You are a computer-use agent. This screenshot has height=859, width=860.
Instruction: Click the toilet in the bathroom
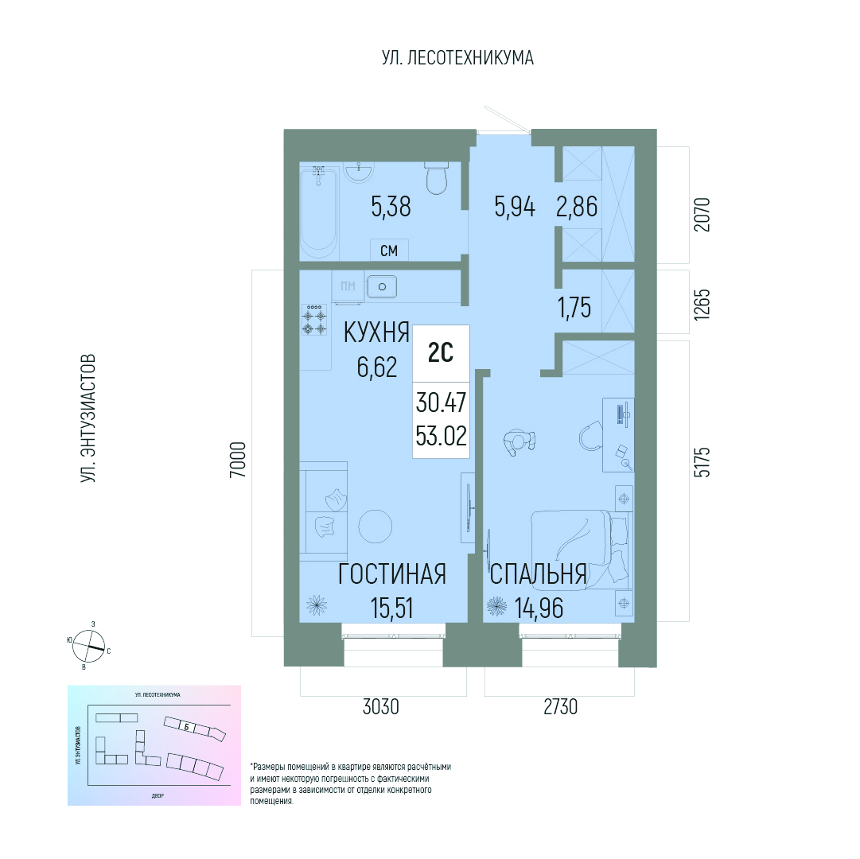point(437,178)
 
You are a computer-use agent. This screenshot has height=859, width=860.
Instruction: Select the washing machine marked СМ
point(389,250)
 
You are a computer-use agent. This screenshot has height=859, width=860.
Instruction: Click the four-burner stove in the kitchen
point(314,320)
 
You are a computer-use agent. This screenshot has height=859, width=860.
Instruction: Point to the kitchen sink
point(383,286)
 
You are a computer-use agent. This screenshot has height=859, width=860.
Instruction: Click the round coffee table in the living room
point(376,527)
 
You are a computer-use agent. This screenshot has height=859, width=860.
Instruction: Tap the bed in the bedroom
point(582,550)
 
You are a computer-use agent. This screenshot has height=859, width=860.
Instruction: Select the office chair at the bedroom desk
point(591,436)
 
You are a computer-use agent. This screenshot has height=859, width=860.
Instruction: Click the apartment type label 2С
point(441,353)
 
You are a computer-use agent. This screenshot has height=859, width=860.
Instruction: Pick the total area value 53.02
point(441,437)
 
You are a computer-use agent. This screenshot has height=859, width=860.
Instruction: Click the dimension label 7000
point(238,460)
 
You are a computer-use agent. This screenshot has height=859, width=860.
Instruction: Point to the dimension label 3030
point(380,707)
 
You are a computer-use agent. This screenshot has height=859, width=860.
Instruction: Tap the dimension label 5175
point(702,461)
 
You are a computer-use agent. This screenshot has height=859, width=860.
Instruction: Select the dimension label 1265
point(702,305)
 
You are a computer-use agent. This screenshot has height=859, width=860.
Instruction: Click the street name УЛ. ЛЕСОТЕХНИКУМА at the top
point(457,57)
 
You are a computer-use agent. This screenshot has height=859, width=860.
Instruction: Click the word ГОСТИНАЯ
point(391,574)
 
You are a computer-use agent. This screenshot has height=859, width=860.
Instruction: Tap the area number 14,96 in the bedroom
point(539,608)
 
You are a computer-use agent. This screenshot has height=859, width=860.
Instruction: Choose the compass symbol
point(89,645)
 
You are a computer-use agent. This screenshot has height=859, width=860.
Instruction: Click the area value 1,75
point(574,308)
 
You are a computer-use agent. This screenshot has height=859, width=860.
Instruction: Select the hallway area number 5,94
point(515,208)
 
